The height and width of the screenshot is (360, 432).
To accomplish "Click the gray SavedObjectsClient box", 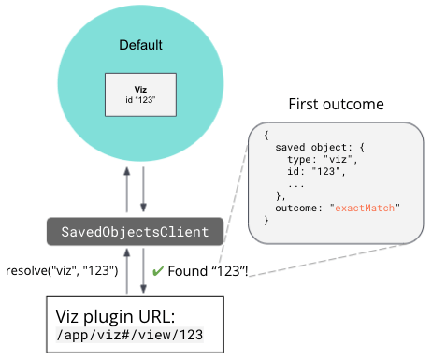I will (x=135, y=230).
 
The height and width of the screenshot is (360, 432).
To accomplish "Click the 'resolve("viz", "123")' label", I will (x=62, y=272).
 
